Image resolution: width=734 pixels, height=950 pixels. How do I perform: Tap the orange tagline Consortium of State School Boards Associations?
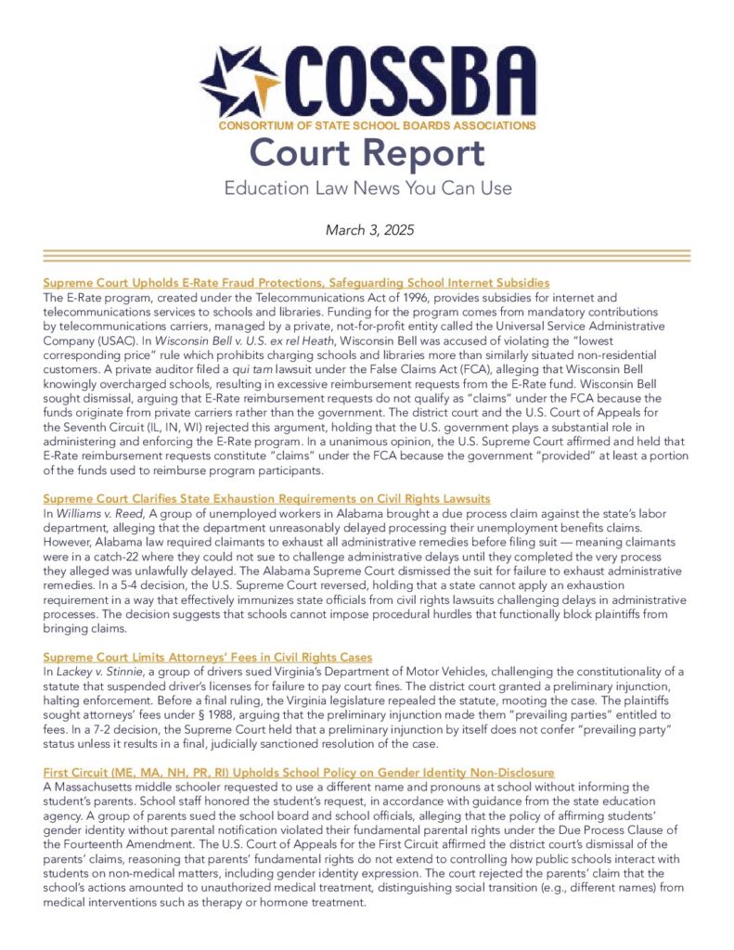376,123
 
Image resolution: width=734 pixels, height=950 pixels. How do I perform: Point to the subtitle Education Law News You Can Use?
367,188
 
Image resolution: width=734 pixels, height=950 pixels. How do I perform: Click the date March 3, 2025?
367,228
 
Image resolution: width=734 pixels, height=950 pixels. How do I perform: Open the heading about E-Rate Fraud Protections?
296,282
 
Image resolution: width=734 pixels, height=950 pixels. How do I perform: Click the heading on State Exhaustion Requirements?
266,499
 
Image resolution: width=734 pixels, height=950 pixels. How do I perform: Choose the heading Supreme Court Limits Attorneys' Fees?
208,657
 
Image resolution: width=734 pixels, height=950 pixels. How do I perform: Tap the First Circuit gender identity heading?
299,772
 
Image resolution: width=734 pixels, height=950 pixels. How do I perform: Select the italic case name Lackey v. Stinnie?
92,671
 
